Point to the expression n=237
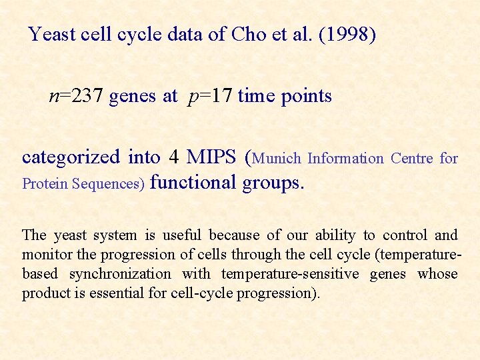(x=75, y=96)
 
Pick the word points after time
(x=305, y=96)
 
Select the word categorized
(x=71, y=157)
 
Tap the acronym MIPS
(x=211, y=157)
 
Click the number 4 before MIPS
(x=173, y=157)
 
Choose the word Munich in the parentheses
(x=277, y=159)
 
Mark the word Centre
(x=411, y=159)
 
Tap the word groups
(x=273, y=182)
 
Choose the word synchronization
(x=120, y=273)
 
